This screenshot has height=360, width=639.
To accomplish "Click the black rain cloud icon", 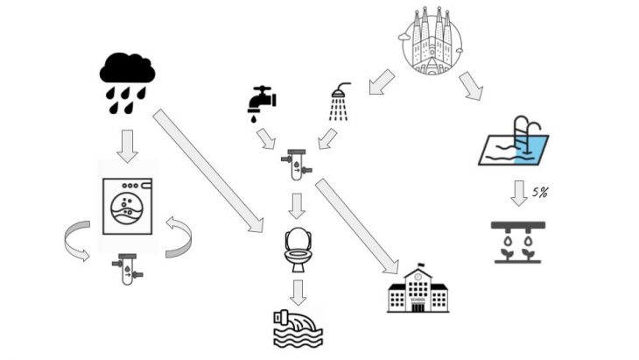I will [x=127, y=79].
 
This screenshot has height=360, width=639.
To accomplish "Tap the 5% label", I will [x=541, y=192].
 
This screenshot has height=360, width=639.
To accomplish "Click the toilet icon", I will [x=298, y=249].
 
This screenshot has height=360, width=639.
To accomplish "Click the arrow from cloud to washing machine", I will [x=128, y=145].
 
